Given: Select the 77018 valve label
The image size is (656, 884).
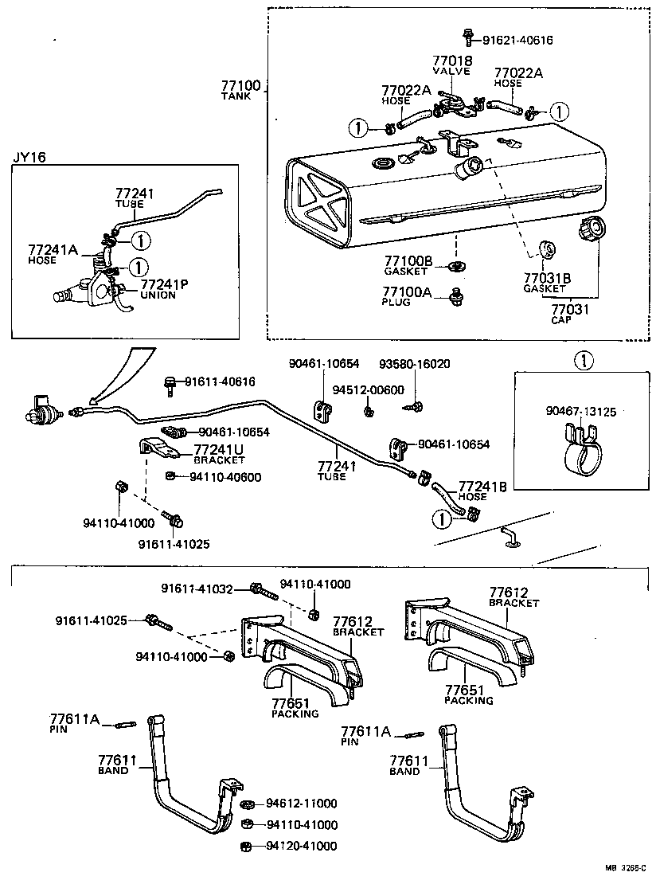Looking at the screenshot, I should point(452,65).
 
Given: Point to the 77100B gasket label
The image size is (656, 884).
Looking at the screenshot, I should point(408,265).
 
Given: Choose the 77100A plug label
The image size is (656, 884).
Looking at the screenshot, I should point(408,296).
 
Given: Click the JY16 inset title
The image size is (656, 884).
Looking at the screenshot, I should point(29,157).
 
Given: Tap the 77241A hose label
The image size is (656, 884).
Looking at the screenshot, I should point(52,253).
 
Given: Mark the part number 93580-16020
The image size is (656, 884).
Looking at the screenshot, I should point(413,364).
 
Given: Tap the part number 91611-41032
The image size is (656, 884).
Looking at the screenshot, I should point(197,589).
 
